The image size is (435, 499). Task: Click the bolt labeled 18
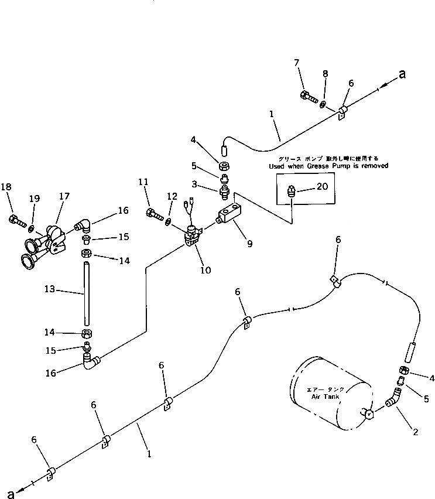[x=16, y=221]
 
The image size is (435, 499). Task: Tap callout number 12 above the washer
[x=171, y=196]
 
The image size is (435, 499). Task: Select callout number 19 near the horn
[x=35, y=199]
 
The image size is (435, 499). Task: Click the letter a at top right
[x=402, y=74]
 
